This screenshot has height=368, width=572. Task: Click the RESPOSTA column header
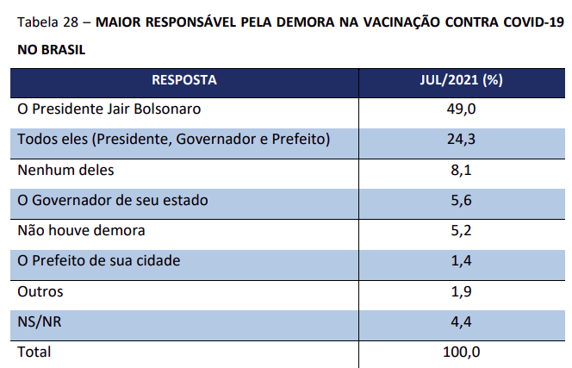pyautogui.click(x=184, y=80)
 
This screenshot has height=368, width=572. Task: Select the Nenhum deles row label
pyautogui.click(x=65, y=170)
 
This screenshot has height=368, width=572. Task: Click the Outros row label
pyautogui.click(x=40, y=291)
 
